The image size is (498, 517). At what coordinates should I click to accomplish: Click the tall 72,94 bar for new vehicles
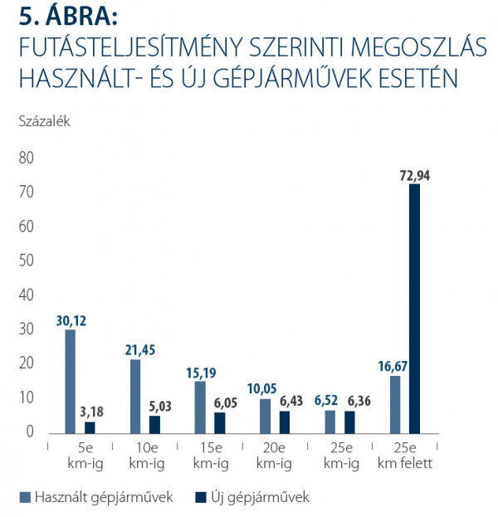(x=414, y=308)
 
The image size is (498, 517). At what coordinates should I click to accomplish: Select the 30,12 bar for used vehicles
(x=71, y=381)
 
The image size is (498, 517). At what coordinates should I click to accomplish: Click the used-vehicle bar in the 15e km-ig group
(x=200, y=407)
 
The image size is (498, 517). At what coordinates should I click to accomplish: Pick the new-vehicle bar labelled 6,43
(x=285, y=422)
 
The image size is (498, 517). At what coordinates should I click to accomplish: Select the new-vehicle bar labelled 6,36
(x=349, y=422)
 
